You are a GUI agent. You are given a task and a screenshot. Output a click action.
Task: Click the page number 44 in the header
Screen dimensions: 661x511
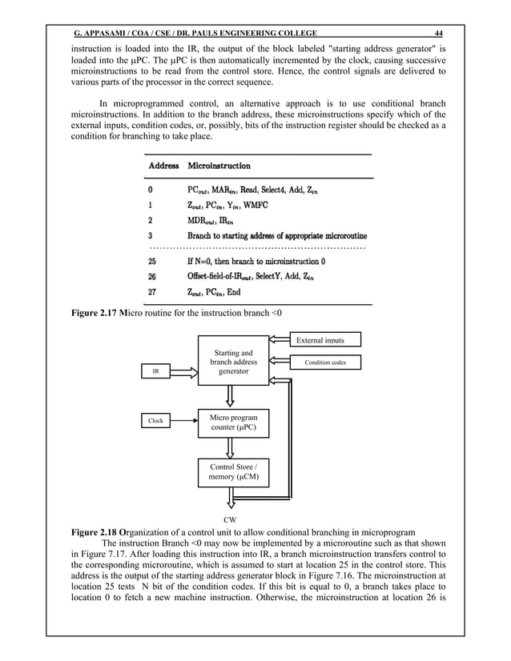click(x=437, y=33)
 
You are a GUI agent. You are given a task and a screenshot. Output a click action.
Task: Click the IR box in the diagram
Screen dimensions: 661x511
click(x=156, y=372)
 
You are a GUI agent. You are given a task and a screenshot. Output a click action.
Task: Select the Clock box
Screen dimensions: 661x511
click(x=155, y=420)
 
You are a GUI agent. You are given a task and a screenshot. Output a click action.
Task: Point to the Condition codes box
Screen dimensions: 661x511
click(x=324, y=363)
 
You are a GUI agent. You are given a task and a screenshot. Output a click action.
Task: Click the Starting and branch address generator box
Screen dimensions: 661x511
click(x=234, y=362)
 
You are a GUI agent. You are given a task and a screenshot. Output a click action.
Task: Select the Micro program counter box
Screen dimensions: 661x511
click(x=234, y=422)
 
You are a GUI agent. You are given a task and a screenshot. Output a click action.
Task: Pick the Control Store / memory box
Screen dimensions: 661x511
click(x=234, y=472)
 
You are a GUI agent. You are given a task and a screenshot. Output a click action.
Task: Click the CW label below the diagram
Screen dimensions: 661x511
click(x=234, y=519)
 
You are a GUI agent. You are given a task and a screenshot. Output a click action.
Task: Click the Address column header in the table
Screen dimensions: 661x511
click(x=163, y=166)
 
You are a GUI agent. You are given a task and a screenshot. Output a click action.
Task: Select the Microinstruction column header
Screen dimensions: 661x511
click(x=219, y=166)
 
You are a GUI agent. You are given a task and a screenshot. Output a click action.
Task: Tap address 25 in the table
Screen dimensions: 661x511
click(x=152, y=262)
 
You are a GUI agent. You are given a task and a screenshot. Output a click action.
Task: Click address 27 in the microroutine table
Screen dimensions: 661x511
click(x=152, y=292)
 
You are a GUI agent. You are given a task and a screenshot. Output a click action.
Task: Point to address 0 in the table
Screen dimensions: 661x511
click(x=150, y=190)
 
